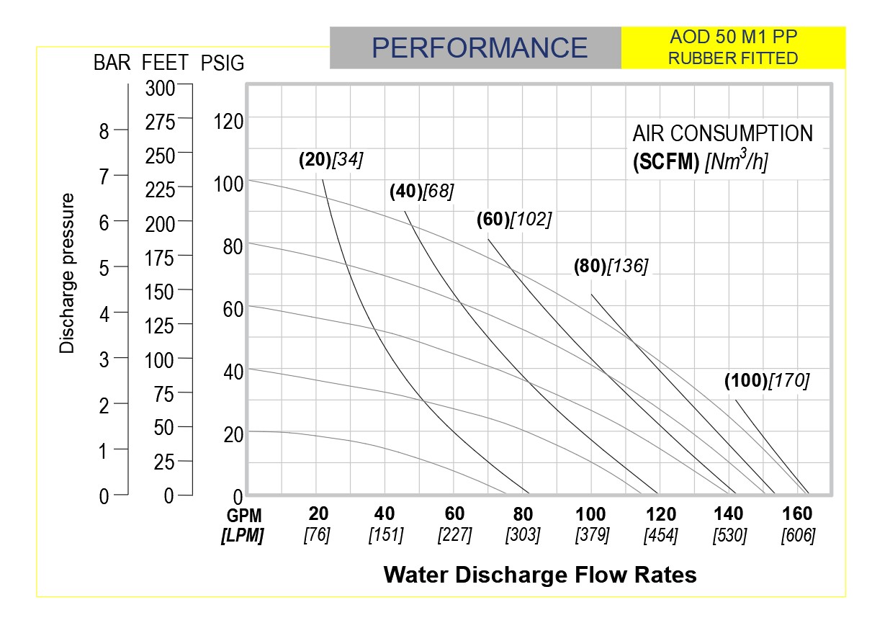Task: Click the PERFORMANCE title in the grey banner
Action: [480, 48]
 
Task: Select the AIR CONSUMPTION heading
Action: [722, 134]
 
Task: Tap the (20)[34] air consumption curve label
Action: [331, 161]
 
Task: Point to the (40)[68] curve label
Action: [422, 192]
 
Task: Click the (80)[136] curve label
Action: [611, 266]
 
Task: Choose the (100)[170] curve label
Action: [767, 381]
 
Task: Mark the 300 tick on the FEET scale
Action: [159, 89]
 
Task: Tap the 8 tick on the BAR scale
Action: [104, 132]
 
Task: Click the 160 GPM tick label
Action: [797, 514]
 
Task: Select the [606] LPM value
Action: [798, 536]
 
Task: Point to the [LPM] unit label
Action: [242, 536]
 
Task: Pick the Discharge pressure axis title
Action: [67, 272]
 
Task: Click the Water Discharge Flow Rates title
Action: [540, 575]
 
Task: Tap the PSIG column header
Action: [223, 63]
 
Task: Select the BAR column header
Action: [112, 63]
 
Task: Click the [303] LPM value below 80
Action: [523, 536]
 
